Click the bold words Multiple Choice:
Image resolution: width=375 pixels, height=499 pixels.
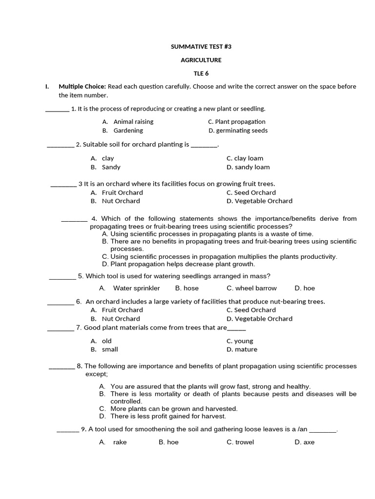(x=82, y=87)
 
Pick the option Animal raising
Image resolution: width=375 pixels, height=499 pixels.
(x=133, y=122)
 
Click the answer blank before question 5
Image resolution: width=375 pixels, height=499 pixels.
(x=62, y=277)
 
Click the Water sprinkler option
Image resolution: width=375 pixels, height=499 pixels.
(x=136, y=288)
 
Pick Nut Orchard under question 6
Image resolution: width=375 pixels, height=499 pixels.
(x=121, y=319)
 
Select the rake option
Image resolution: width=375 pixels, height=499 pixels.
(x=120, y=442)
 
